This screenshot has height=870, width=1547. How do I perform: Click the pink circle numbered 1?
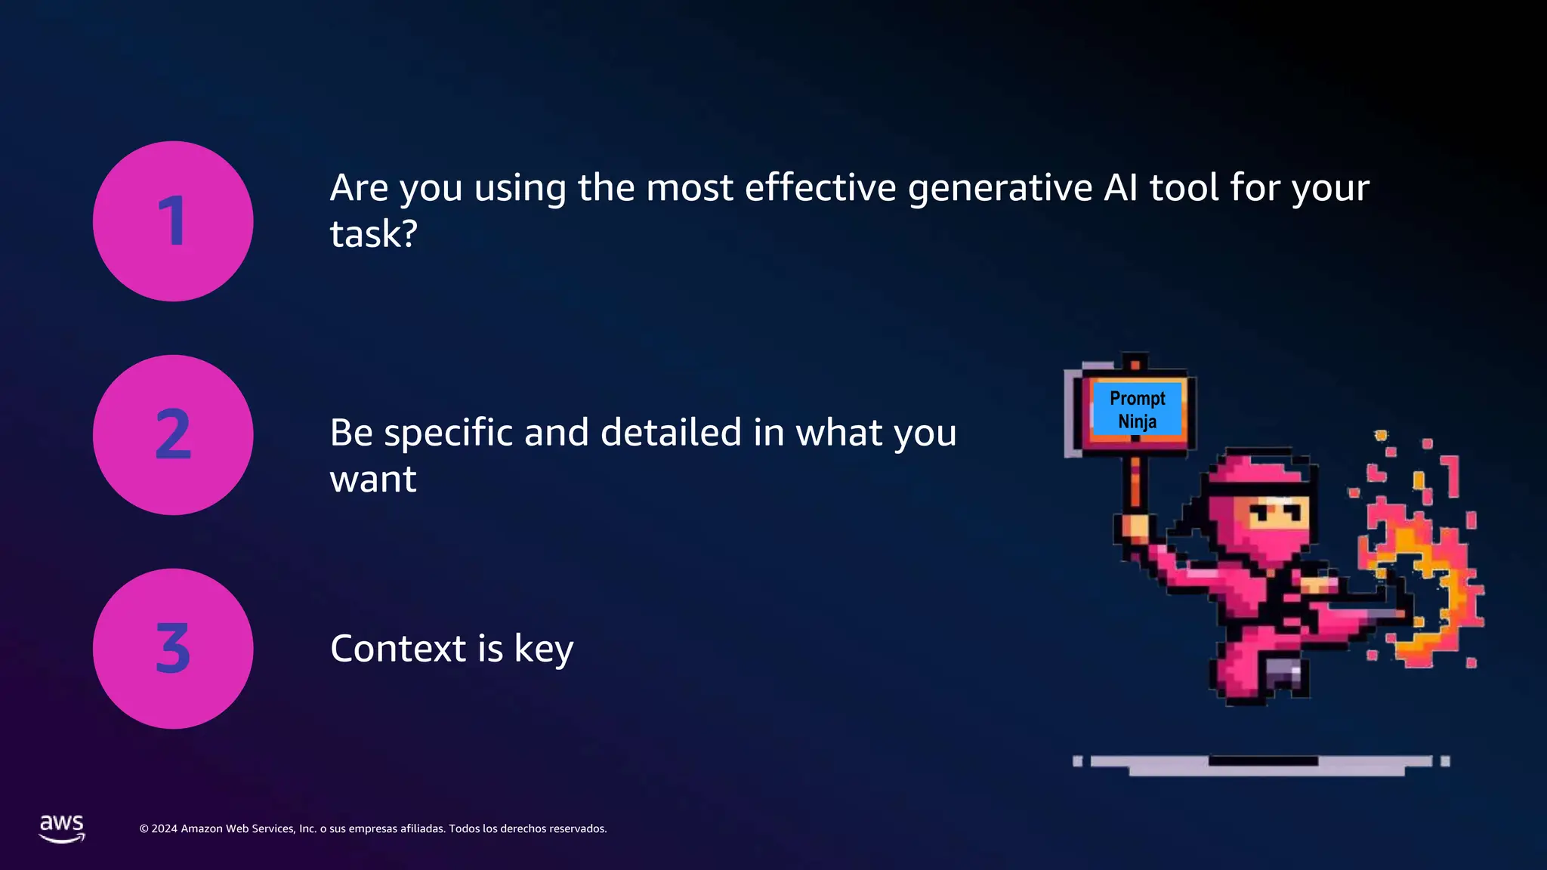pyautogui.click(x=173, y=221)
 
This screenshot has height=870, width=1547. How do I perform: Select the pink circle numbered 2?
pyautogui.click(x=173, y=435)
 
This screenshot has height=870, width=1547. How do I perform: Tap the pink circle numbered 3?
pyautogui.click(x=173, y=649)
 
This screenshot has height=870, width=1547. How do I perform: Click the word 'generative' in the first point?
pyautogui.click(x=999, y=189)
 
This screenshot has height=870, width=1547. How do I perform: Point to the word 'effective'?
pyautogui.click(x=820, y=187)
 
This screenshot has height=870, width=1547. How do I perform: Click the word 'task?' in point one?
pyautogui.click(x=374, y=234)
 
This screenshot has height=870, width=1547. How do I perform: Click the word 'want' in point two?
pyautogui.click(x=373, y=480)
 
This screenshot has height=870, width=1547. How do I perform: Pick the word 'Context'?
pyautogui.click(x=398, y=649)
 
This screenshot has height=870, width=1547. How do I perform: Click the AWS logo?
pyautogui.click(x=62, y=828)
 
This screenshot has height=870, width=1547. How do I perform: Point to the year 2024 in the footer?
pyautogui.click(x=164, y=829)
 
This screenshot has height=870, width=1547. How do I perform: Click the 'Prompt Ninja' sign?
pyautogui.click(x=1137, y=410)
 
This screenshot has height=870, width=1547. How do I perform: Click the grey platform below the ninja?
pyautogui.click(x=1261, y=764)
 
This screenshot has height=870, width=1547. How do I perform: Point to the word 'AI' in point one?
pyautogui.click(x=1120, y=187)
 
